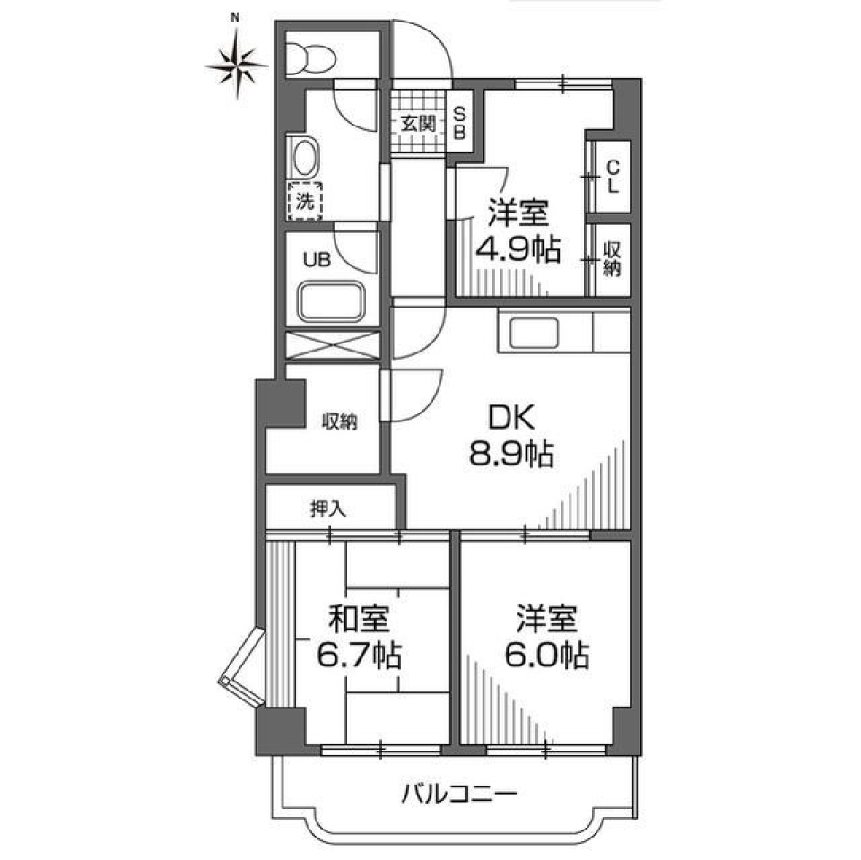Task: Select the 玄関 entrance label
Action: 417,124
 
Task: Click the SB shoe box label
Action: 458,124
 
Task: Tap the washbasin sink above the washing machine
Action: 304,159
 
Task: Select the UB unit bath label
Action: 315,261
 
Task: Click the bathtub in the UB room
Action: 332,302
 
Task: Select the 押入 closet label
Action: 328,508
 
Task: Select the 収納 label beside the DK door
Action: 340,421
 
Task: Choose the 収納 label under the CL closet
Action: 612,259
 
